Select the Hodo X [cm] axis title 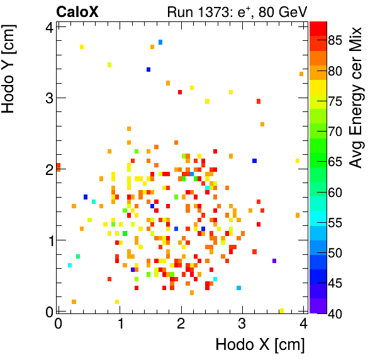(260, 345)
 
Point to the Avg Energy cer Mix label (357, 98)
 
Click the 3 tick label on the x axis (242, 324)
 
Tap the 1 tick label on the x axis (120, 324)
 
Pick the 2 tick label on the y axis (48, 169)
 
